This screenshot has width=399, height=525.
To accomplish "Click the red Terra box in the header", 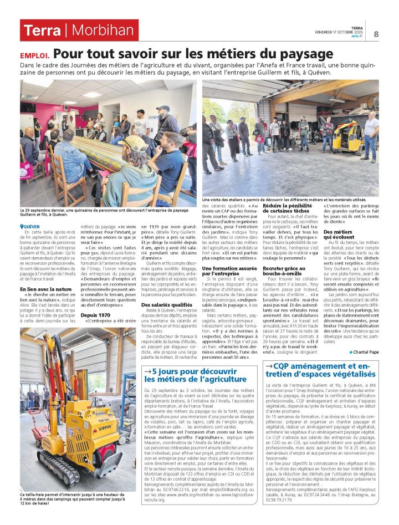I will click(x=42, y=30).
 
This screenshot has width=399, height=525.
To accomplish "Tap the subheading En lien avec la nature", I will click(x=46, y=289).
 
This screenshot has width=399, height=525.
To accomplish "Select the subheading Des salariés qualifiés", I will click(x=167, y=305).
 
